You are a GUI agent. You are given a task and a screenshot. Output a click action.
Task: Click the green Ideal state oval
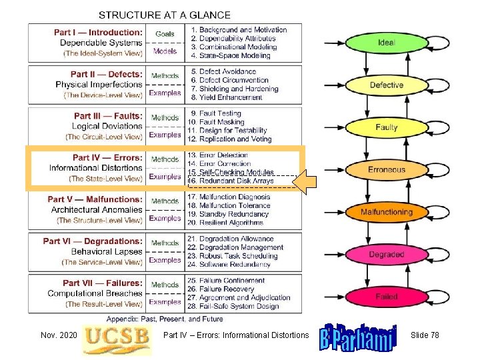[387, 43]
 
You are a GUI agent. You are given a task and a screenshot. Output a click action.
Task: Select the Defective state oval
[387, 85]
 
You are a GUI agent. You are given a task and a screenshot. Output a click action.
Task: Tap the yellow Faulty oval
[387, 127]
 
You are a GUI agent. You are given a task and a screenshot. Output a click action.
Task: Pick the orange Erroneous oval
[387, 170]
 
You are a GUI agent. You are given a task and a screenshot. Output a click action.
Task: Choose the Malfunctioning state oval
[387, 213]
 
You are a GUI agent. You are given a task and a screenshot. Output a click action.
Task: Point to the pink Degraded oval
[387, 255]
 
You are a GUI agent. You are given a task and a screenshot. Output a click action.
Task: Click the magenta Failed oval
[387, 297]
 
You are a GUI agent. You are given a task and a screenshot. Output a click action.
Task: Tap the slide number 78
[425, 335]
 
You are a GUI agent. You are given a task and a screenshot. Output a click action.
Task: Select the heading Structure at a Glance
[165, 15]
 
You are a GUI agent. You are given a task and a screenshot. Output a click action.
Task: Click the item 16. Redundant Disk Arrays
[231, 181]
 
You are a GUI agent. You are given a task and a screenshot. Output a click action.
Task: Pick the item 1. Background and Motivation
[238, 30]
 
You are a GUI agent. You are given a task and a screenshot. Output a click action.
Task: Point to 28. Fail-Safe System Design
[233, 306]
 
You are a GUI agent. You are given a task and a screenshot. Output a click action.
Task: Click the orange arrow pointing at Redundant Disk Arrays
[309, 181]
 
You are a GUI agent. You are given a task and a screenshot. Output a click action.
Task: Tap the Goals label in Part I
[165, 33]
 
